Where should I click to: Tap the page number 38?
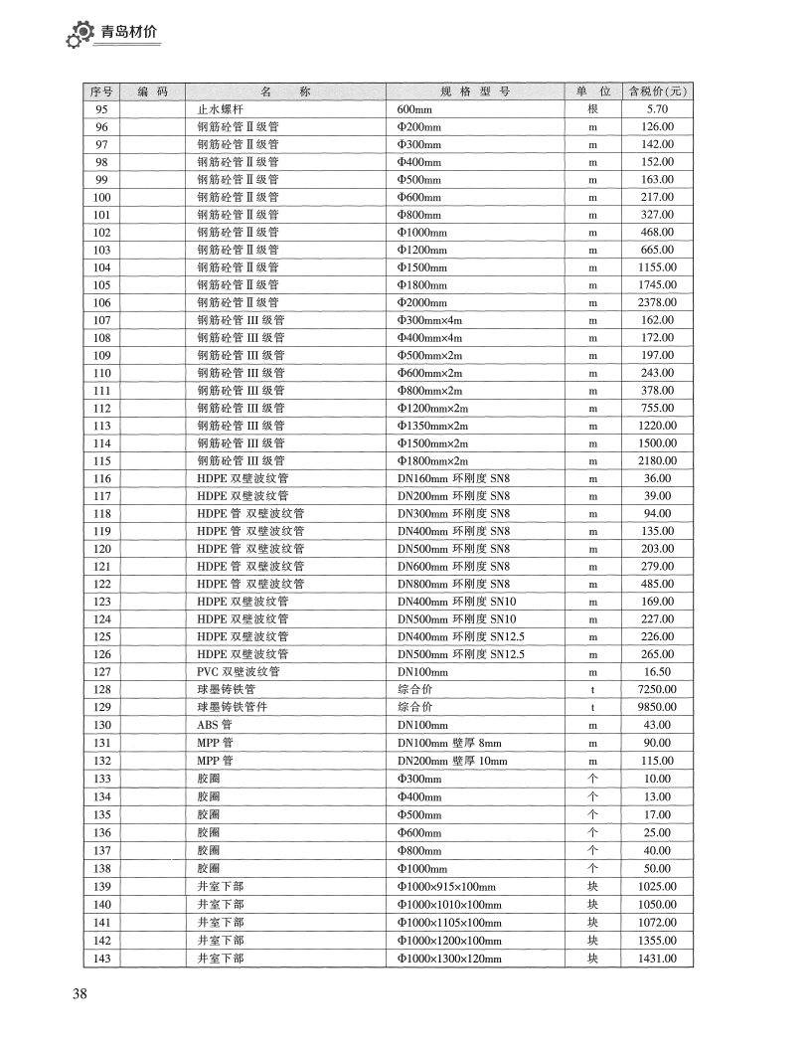[x=81, y=994]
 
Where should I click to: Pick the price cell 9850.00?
[x=657, y=707]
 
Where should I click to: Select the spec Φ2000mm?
[x=422, y=302]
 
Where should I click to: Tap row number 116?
[x=101, y=478]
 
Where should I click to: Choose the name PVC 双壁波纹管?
[x=239, y=672]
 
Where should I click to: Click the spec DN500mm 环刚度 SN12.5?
[x=461, y=654]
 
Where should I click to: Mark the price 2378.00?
[x=657, y=302]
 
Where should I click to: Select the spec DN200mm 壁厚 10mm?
[x=452, y=761]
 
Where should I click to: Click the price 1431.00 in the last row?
[x=657, y=959]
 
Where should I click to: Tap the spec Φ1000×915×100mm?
[x=446, y=887]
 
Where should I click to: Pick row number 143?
[x=101, y=959]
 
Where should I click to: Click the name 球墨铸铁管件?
[x=233, y=707]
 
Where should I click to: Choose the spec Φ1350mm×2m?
[x=433, y=426]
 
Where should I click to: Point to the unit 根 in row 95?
[x=593, y=109]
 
